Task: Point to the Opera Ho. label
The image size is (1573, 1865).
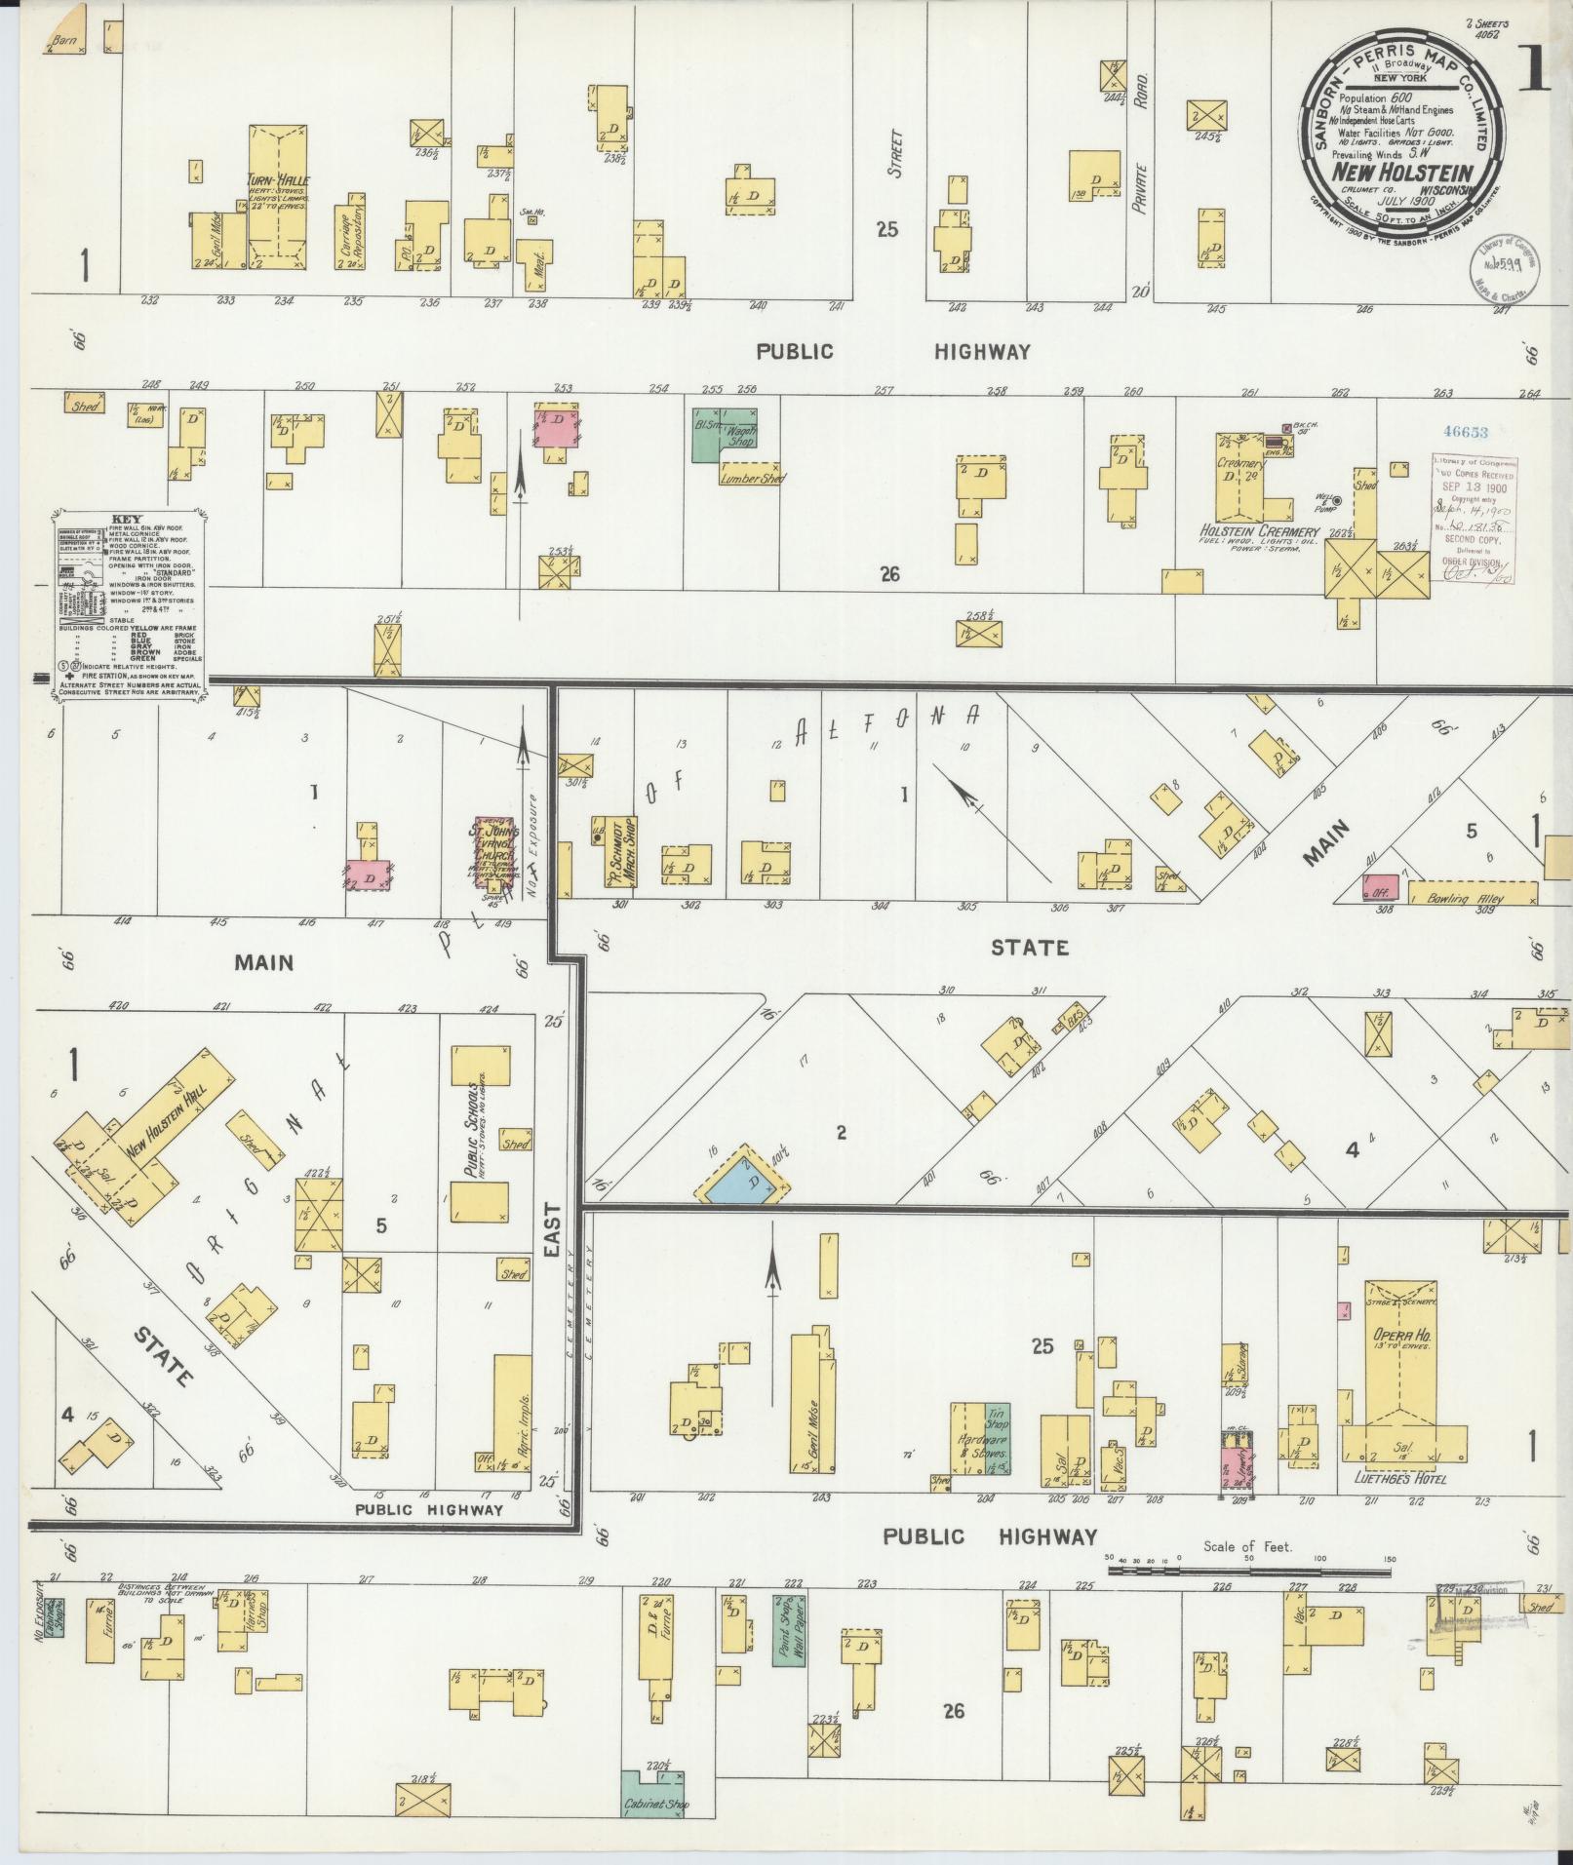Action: (x=1401, y=1335)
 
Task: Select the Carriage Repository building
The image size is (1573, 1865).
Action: (x=351, y=236)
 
